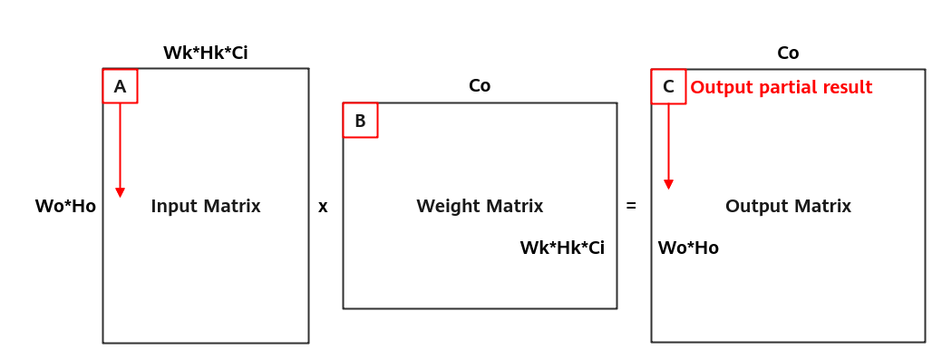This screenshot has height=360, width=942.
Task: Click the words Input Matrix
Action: tap(206, 206)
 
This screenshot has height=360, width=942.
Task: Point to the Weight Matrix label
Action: tap(480, 206)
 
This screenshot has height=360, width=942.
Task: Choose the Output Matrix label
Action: tap(788, 206)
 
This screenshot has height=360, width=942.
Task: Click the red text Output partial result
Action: tap(781, 87)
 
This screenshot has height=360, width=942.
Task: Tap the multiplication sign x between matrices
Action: tap(323, 208)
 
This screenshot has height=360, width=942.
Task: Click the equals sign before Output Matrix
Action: tap(631, 206)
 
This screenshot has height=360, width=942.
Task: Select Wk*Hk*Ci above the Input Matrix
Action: tap(206, 53)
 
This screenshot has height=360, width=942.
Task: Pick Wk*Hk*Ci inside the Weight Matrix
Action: tap(562, 248)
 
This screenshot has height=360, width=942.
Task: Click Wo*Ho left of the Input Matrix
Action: tap(65, 206)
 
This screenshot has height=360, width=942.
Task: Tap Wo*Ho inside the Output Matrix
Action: tap(688, 248)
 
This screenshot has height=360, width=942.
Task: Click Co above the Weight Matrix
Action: tap(480, 86)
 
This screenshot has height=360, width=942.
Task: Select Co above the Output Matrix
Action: tap(788, 53)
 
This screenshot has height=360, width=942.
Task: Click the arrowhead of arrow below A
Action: tap(121, 192)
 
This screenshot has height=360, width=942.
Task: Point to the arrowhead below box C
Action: tap(669, 184)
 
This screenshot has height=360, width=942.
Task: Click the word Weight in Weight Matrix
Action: tap(444, 206)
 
